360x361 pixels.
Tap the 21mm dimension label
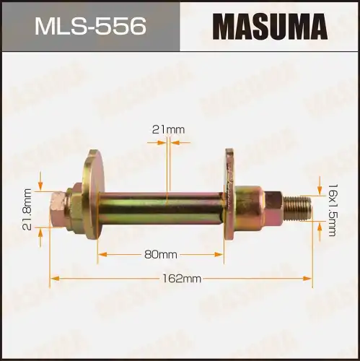169,129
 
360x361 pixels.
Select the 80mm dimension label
160,254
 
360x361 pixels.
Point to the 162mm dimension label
182,278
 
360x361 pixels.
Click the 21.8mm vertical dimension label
27,209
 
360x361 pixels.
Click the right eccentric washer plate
230,193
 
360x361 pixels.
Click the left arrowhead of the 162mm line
52,278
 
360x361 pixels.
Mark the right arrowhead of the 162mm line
309,278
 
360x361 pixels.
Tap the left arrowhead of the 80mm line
101,254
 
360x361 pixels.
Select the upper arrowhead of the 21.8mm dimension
41,186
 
